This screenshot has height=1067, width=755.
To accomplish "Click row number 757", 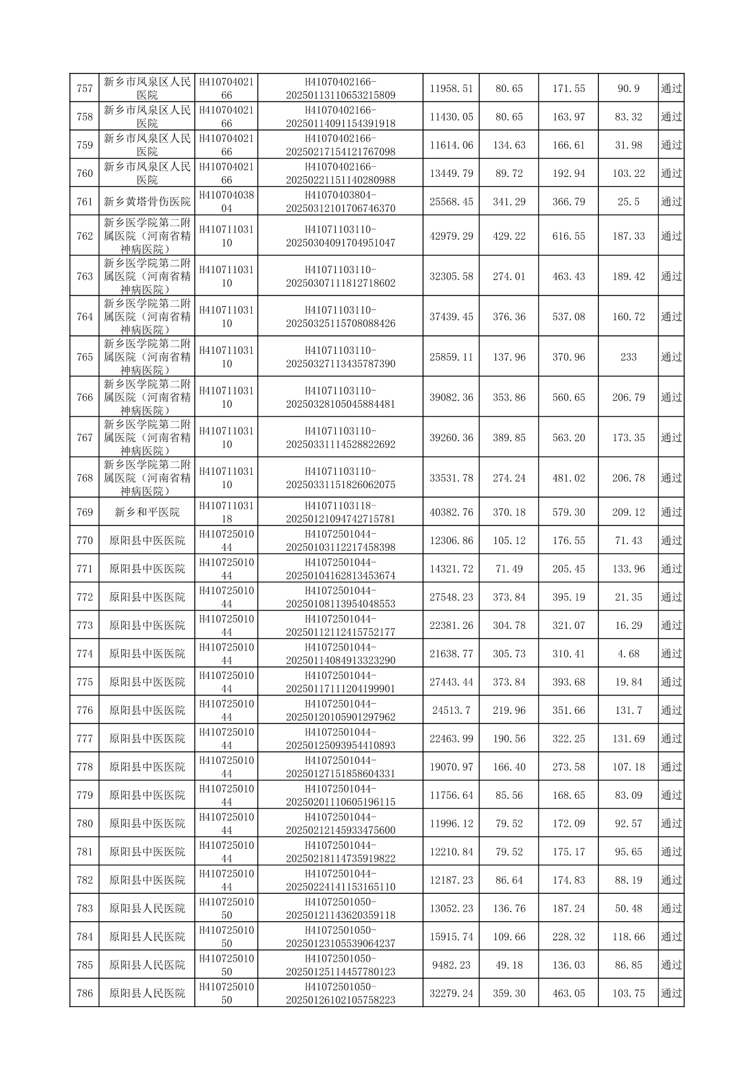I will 84,88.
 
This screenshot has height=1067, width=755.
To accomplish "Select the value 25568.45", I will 451,202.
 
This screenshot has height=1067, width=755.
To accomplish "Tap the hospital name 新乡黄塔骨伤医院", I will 147,202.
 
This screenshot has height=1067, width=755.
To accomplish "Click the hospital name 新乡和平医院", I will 147,512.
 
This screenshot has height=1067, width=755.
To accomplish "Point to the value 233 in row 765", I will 628,357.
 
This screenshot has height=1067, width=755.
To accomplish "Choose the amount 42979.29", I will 451,236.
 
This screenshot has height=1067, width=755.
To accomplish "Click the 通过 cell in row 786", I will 671,993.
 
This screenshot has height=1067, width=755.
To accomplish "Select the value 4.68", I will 628,654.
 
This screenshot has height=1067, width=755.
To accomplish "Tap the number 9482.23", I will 451,965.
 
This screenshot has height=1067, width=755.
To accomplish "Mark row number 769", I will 84,512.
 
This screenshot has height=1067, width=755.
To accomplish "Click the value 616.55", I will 568,236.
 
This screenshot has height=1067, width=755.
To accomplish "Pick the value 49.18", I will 509,965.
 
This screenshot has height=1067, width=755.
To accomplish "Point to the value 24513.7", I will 451,710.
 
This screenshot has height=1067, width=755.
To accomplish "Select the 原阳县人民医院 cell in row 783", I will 147,909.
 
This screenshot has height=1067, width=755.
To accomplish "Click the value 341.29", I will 509,202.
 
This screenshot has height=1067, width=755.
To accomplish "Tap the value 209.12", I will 628,512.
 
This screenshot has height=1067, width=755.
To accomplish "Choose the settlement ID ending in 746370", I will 341,202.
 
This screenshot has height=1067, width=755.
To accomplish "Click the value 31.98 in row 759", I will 628,145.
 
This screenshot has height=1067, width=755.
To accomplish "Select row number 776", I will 84,710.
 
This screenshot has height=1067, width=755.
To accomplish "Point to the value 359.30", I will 509,993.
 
